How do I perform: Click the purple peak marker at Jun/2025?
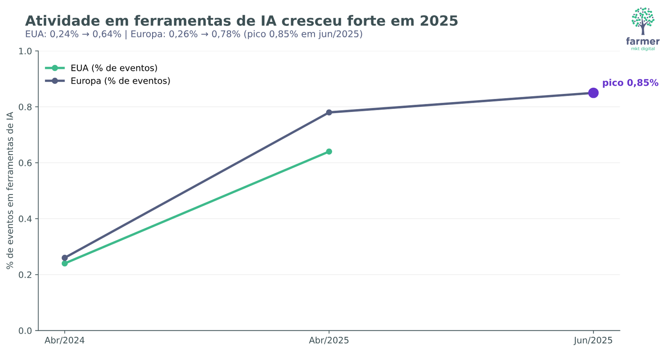(593, 93)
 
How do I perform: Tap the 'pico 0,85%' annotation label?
(630, 83)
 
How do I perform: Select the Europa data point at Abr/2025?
(329, 112)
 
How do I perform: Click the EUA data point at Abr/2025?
(329, 151)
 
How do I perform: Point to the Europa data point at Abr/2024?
(64, 258)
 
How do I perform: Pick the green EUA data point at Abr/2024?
(64, 264)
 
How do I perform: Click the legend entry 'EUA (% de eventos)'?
(114, 68)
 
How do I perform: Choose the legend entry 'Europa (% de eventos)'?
(120, 81)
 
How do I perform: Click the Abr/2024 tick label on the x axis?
(64, 340)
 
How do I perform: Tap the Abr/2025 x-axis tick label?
(329, 340)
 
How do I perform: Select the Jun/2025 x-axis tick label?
(593, 340)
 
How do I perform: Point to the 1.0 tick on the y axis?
(25, 51)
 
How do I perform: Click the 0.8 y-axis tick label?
(25, 107)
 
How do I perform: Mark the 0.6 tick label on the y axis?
(25, 163)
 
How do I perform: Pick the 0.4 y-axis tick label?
(25, 219)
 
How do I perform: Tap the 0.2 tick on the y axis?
(25, 275)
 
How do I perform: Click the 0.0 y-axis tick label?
(25, 330)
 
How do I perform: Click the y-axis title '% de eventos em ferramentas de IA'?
(10, 190)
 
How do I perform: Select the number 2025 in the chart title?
(438, 21)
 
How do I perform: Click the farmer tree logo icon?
(643, 21)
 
